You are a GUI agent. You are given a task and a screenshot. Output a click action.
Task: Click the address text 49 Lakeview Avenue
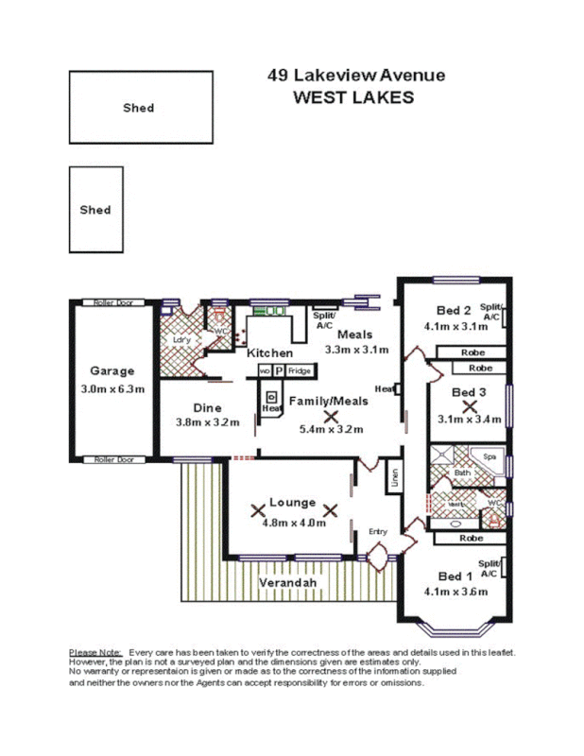pos(355,76)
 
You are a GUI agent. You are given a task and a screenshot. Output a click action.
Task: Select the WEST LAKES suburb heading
pos(353,97)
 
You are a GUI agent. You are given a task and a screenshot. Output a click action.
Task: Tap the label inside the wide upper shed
pos(138,108)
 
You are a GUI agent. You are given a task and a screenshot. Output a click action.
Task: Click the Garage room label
pos(112,371)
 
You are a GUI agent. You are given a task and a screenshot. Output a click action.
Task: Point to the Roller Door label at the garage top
pos(112,303)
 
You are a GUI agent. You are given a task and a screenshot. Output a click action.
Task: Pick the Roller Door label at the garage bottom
pos(112,460)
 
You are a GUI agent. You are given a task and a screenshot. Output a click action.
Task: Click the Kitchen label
pos(269,352)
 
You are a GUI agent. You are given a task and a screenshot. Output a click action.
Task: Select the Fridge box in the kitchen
pos(300,371)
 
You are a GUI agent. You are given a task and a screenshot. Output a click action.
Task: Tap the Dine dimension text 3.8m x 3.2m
pos(207,422)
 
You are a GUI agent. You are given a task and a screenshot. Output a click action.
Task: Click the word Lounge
pos(292,502)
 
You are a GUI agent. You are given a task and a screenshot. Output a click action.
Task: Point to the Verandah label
pos(287,583)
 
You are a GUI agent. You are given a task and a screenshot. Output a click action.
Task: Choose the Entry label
pos(377,532)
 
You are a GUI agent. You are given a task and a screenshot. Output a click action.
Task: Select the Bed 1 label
pos(455,576)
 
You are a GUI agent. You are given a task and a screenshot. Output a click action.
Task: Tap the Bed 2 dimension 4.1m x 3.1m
pos(455,326)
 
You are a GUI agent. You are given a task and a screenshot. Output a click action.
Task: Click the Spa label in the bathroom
pos(490,456)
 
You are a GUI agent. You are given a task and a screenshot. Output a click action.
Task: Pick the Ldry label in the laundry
pos(181,339)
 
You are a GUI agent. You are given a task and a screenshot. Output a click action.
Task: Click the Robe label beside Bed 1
pos(470,538)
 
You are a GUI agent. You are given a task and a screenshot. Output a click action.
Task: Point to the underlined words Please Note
pos(95,653)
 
